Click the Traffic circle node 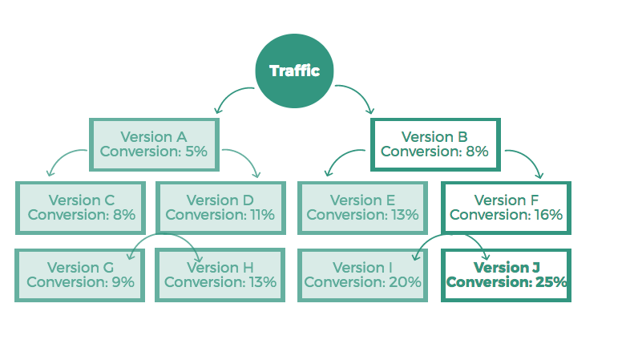tap(294, 71)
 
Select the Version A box tap(154, 144)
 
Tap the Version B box tap(434, 144)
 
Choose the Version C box tap(81, 207)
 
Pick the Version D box tap(220, 207)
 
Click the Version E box tap(362, 207)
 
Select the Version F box tap(506, 207)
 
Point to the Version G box tap(79, 274)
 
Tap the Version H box tap(220, 274)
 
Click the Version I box tap(362, 274)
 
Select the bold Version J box tap(506, 274)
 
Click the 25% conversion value tap(551, 282)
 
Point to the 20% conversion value tap(405, 282)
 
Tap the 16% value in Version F tap(547, 215)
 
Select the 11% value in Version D tap(261, 215)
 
